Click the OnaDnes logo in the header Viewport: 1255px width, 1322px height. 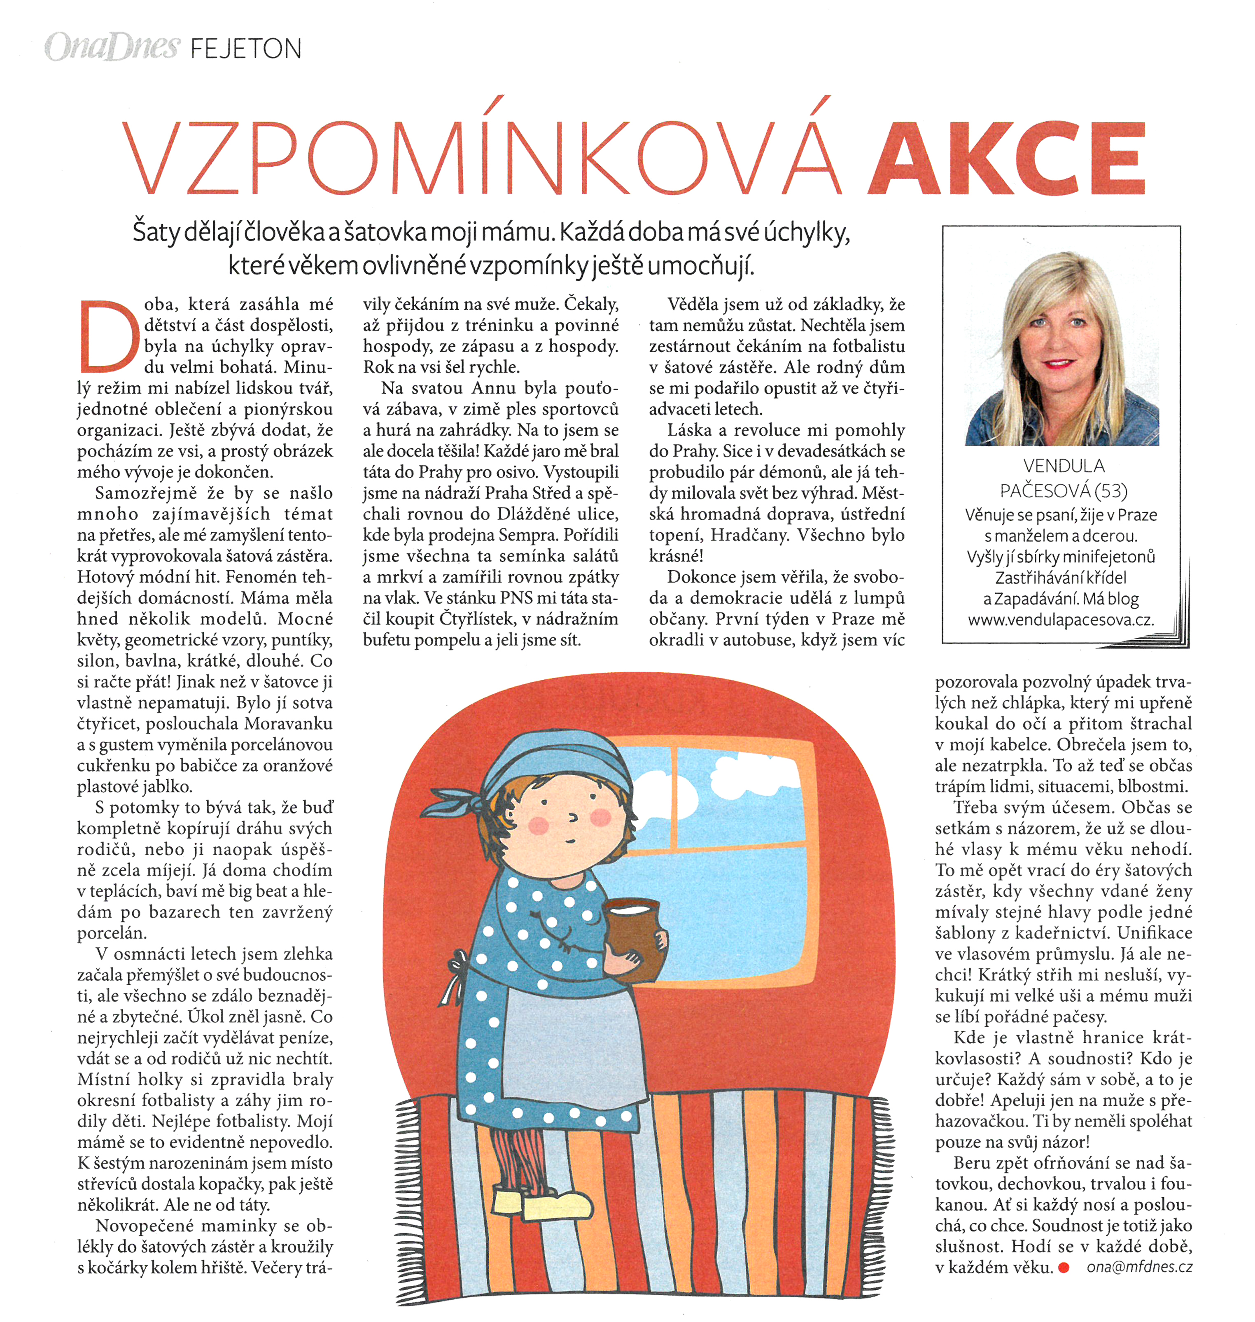[112, 47]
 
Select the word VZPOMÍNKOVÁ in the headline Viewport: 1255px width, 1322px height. [482, 157]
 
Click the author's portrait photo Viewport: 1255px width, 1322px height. [1061, 348]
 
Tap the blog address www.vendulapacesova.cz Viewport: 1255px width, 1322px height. [1061, 620]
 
